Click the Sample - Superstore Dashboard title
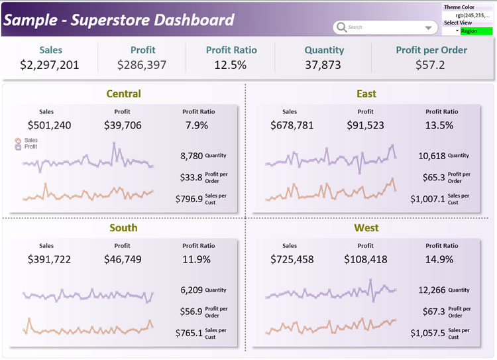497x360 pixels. point(119,19)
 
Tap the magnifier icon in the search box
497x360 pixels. point(341,27)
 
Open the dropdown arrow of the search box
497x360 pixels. point(427,28)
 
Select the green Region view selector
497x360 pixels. point(476,31)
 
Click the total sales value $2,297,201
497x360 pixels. point(50,64)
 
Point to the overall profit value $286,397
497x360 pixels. point(142,64)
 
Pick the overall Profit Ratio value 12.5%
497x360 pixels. point(231,64)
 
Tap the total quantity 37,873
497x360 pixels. point(324,64)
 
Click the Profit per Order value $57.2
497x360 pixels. point(431,64)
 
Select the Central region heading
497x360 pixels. point(123,93)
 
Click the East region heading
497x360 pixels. point(366,93)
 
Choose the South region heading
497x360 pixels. point(123,227)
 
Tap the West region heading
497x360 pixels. point(366,227)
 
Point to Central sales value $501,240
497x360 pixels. point(49,125)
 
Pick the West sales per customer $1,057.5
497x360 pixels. point(427,333)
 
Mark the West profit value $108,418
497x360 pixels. point(366,259)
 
